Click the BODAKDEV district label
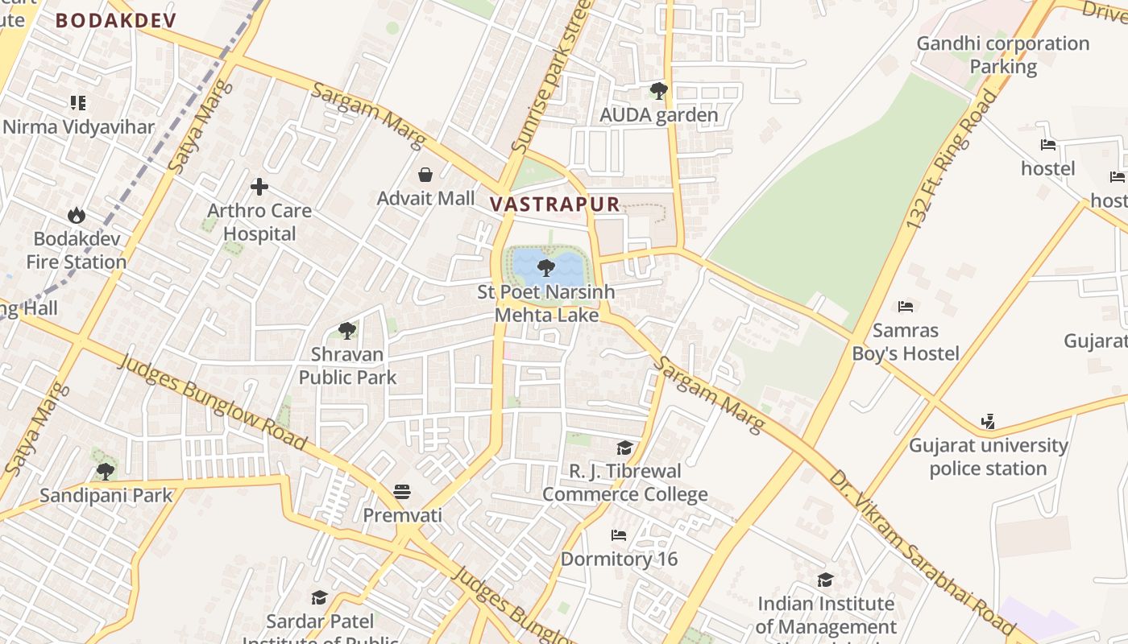[x=115, y=21]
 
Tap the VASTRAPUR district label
[x=555, y=204]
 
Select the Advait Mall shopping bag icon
[x=425, y=175]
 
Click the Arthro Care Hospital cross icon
[x=259, y=187]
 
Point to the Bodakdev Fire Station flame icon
[x=77, y=215]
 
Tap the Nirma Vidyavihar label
[x=78, y=127]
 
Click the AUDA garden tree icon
[x=659, y=91]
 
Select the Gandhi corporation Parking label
[x=1003, y=55]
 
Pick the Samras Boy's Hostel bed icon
[x=906, y=307]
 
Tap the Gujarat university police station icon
[x=989, y=421]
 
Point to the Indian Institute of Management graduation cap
[x=826, y=580]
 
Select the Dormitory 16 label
[x=619, y=559]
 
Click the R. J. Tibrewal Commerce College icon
[x=624, y=448]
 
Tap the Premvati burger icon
[x=402, y=491]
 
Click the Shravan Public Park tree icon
[x=347, y=330]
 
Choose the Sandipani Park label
[x=106, y=495]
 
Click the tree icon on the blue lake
[x=546, y=267]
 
